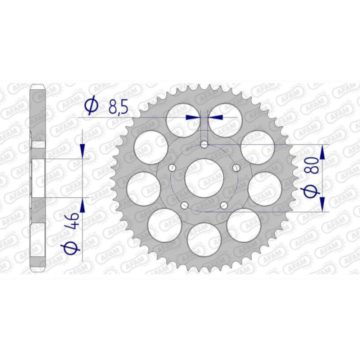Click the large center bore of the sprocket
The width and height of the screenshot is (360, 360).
204,177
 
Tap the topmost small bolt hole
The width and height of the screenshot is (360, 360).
204,144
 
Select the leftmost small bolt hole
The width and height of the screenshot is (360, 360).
173,167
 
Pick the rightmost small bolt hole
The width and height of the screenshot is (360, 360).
235,167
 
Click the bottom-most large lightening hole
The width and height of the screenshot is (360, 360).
204,239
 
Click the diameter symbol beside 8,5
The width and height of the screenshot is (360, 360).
91,105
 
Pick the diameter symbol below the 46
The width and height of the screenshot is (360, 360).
73,246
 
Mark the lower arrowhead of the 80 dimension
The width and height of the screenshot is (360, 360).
322,204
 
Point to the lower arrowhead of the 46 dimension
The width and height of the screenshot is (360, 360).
83,204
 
